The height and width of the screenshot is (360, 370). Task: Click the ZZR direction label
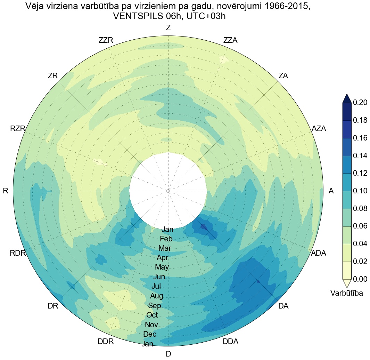coord(106,40)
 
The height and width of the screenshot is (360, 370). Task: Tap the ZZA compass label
coord(230,40)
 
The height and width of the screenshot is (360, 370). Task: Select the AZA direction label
coord(319,128)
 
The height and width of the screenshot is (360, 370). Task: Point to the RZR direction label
coord(18,129)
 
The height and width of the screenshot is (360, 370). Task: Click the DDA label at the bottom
coord(230,342)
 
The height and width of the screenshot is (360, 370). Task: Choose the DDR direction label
coord(106,342)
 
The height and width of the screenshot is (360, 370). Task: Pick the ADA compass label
coord(319,253)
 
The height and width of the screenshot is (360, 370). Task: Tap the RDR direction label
coord(18,253)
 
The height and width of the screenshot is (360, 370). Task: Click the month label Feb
coord(166,239)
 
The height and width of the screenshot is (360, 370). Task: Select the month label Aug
coord(157,296)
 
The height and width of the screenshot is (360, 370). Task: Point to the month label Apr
coord(163,258)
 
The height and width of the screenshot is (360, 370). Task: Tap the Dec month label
coord(150,334)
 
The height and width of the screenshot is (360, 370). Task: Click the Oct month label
coord(152,315)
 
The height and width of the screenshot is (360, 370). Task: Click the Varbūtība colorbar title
coord(347,293)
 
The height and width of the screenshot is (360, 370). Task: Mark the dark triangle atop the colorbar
coord(347,99)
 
